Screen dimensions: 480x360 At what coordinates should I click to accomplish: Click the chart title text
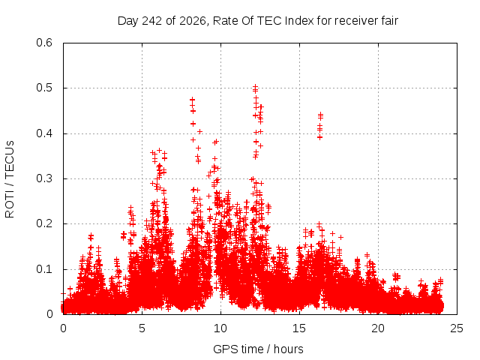pos(258,21)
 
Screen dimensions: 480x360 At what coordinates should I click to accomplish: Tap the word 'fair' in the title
pos(389,21)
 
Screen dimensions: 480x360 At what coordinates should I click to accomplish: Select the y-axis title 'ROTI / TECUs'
pos(10,179)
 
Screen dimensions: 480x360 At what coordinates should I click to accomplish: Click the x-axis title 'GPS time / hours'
pos(258,349)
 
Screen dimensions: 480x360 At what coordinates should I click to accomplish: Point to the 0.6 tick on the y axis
pos(44,43)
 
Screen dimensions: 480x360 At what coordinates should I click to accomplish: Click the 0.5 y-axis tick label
pos(44,88)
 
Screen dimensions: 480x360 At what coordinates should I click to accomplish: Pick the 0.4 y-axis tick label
pos(44,133)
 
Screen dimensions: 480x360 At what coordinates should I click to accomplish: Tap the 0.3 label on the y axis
pos(44,178)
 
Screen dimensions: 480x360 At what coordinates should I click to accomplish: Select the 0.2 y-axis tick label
pos(44,223)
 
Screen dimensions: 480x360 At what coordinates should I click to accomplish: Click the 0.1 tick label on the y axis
pos(44,269)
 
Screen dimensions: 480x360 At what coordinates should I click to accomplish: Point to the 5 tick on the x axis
pos(142,328)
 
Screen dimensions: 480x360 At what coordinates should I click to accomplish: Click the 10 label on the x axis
pos(220,328)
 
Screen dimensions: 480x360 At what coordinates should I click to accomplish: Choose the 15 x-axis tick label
pos(299,328)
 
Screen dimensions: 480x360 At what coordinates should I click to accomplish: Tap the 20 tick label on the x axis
pos(378,328)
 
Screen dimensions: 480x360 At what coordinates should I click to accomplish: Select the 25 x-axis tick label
pos(457,328)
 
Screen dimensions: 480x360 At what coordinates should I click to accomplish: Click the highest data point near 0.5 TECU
pos(255,87)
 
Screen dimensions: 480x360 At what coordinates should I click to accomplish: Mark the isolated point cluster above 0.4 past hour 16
pos(320,126)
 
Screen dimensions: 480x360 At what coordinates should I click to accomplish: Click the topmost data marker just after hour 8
pos(192,100)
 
